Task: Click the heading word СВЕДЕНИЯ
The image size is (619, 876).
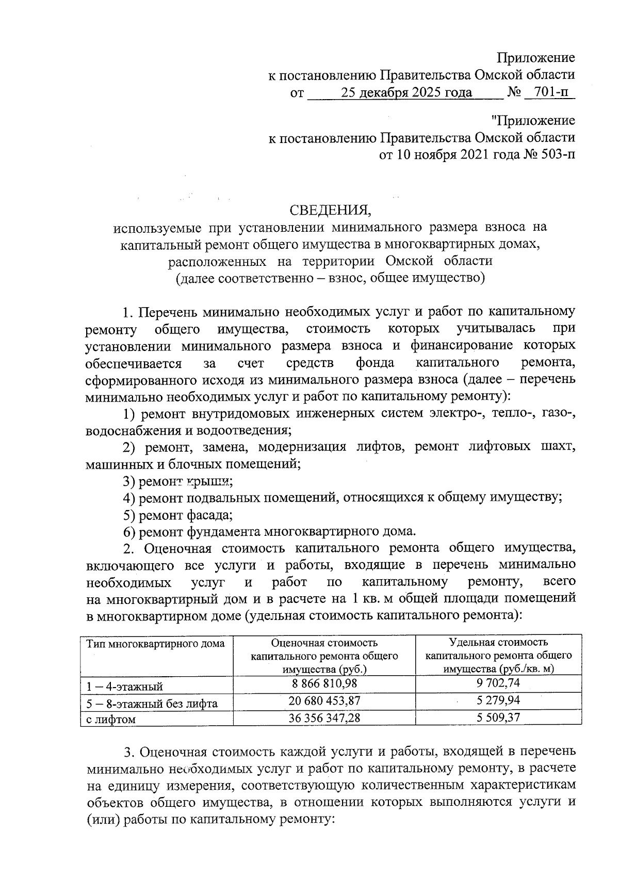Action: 330,210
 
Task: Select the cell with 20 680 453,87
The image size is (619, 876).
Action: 324,700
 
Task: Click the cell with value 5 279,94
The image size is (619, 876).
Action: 498,700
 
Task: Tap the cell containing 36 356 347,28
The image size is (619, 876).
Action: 324,718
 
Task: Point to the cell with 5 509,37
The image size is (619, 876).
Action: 498,718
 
